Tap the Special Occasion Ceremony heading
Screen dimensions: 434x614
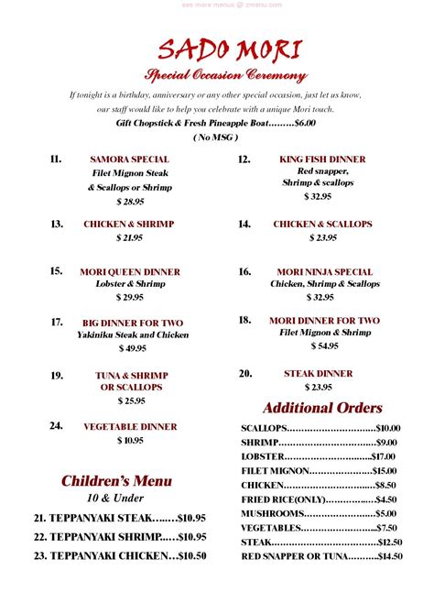coord(224,75)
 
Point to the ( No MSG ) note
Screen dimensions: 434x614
coord(216,137)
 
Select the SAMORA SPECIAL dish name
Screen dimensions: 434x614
coord(129,159)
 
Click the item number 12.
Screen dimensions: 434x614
coord(244,159)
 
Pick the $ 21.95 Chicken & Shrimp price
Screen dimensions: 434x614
coord(129,237)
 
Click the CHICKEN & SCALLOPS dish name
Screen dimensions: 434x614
coord(322,224)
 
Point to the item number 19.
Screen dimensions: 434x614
coord(57,375)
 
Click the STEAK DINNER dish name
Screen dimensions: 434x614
coord(318,373)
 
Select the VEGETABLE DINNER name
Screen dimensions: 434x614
coord(129,426)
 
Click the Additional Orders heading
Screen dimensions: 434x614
coord(322,408)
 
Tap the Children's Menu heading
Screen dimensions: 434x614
coord(116,481)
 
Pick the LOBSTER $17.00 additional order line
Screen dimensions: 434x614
coord(318,455)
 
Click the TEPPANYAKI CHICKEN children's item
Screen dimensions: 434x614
coord(108,555)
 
